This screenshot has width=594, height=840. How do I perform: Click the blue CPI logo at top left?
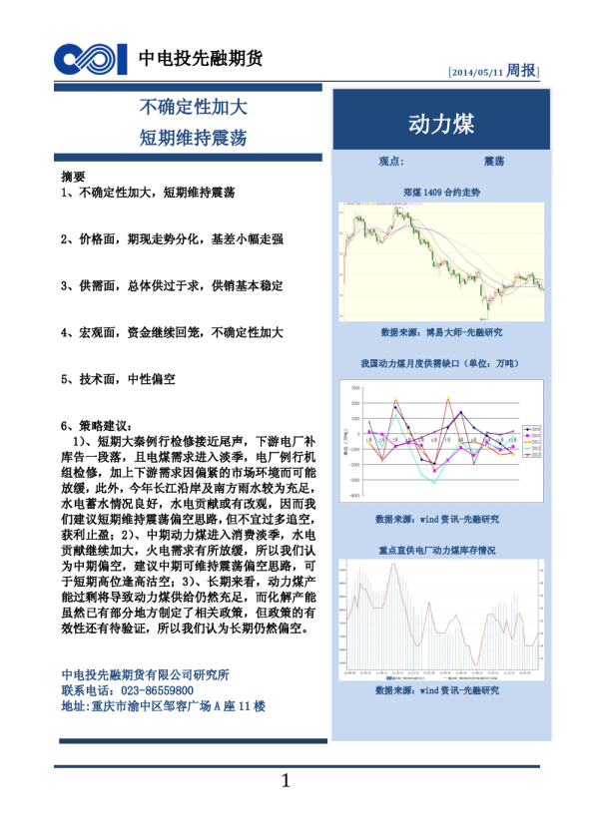coord(91,60)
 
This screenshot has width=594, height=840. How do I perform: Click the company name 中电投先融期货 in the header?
coord(200,59)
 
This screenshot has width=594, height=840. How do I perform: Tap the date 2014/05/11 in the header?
coord(477,72)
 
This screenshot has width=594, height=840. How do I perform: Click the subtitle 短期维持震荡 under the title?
coord(193,137)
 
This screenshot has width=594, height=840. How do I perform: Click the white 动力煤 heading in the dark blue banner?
coord(440,124)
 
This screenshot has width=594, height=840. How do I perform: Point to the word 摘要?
coord(73,177)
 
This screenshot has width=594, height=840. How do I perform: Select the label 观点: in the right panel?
coord(391,161)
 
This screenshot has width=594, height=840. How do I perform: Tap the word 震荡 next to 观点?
coord(493,161)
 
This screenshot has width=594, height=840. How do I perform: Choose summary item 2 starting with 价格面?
coord(172,239)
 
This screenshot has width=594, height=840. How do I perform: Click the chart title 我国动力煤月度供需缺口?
coord(440,364)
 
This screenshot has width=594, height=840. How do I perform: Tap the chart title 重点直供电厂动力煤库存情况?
coord(440,550)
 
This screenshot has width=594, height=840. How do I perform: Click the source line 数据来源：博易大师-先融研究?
coord(440,331)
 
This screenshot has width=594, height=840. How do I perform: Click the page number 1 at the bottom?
coord(286,781)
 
